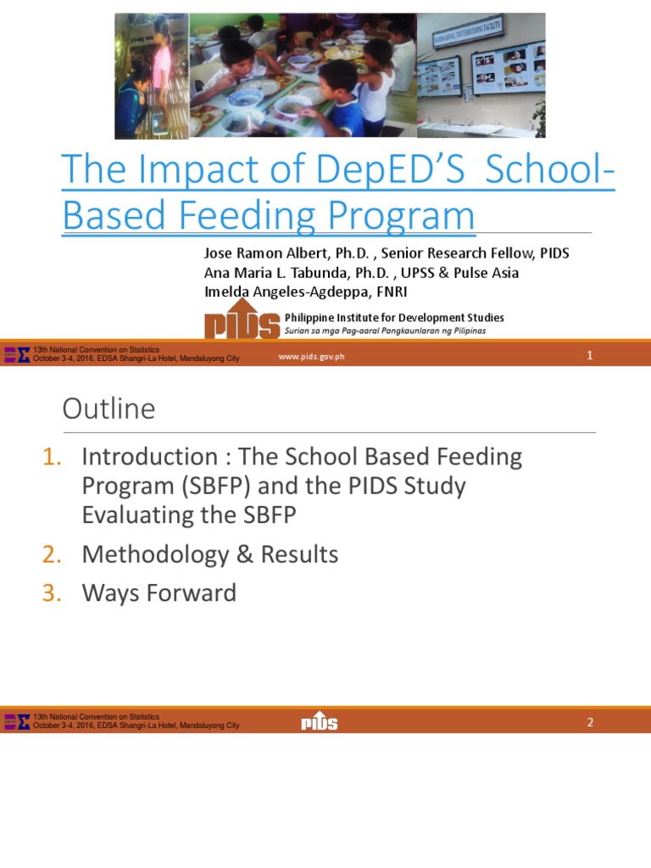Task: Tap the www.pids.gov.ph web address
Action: (x=311, y=357)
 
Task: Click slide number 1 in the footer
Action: (x=589, y=356)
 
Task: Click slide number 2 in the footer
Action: (x=589, y=722)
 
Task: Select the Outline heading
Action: (x=108, y=409)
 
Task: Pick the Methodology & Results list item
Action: (x=209, y=554)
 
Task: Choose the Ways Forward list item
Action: (x=159, y=593)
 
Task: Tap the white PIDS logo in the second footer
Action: (x=320, y=721)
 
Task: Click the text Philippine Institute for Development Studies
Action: (x=394, y=318)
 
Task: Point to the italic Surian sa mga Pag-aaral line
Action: (x=385, y=331)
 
